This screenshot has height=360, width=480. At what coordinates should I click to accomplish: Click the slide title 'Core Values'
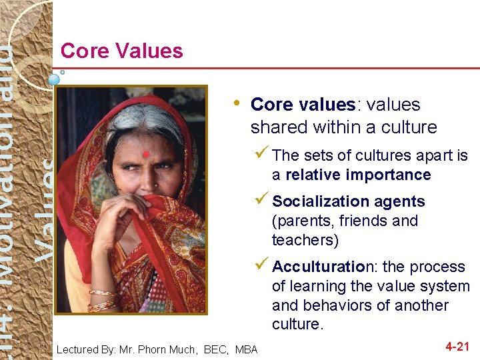[x=121, y=51]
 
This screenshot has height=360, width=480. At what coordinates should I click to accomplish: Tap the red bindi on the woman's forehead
[x=146, y=155]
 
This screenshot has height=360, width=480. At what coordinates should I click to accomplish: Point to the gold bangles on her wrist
[x=102, y=299]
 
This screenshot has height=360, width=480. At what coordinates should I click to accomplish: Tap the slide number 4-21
[x=458, y=347]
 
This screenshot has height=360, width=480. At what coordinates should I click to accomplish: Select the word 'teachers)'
[x=305, y=240]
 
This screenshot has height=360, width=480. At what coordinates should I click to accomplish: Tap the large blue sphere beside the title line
[x=54, y=79]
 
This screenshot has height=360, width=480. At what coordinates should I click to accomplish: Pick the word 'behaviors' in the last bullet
[x=333, y=305]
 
